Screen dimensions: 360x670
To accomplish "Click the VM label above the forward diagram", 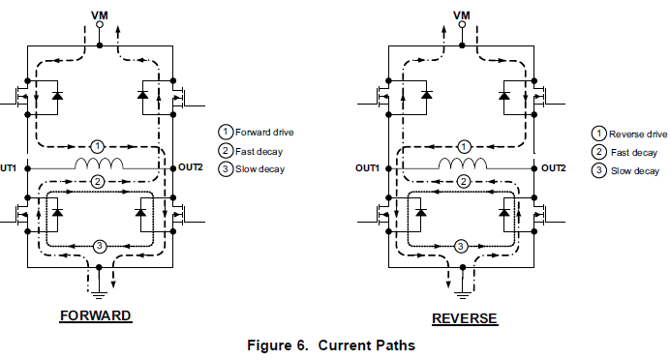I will [x=99, y=15].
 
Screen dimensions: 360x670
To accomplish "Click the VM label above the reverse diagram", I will [x=463, y=15].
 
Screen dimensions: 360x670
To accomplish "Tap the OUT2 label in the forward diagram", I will [x=191, y=167].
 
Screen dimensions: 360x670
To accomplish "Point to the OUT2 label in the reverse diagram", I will [x=553, y=167].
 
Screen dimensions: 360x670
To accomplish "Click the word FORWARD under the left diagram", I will [x=95, y=316].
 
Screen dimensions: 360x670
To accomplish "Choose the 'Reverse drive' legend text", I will [x=638, y=133].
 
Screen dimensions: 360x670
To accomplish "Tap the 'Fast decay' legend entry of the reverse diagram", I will [x=630, y=152].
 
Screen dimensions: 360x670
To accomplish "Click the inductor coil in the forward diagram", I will [x=101, y=164].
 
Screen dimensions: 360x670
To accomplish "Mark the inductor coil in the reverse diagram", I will [x=466, y=164].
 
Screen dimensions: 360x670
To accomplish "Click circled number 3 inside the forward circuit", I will [x=99, y=247].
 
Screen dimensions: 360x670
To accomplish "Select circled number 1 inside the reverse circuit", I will [x=464, y=146].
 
